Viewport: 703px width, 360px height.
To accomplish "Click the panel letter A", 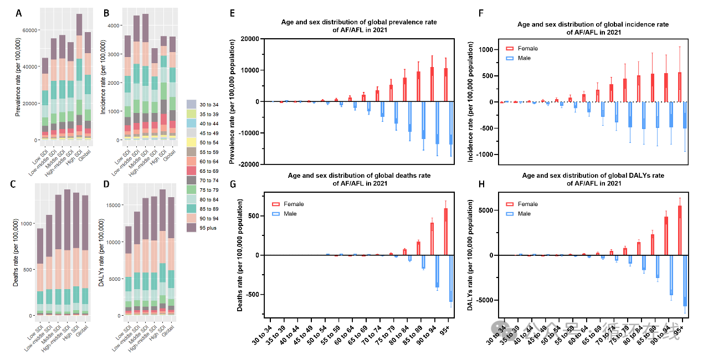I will (x=19, y=12).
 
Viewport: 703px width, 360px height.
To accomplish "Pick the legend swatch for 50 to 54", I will (x=191, y=142).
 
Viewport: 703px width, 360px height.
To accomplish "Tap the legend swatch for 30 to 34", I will (x=191, y=104).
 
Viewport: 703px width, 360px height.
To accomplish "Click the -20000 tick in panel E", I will (x=250, y=164).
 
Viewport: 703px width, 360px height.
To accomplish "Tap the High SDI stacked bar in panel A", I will (x=79, y=77).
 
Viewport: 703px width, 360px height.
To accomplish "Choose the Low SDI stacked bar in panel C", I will (x=40, y=271).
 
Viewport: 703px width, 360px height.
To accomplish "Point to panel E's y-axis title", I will (x=233, y=101).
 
